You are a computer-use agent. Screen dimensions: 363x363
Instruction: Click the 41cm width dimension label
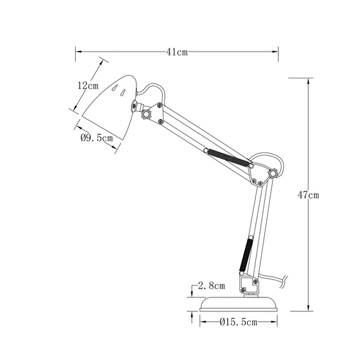tap(177, 53)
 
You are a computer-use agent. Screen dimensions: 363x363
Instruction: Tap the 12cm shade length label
tap(87, 85)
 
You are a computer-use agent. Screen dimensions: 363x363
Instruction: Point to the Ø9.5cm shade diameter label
tap(97, 137)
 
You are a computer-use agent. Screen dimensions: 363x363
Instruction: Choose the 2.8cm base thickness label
tap(211, 285)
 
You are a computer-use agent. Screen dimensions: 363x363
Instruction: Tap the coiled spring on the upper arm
tap(227, 157)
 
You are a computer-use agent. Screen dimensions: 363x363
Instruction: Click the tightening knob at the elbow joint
tap(274, 173)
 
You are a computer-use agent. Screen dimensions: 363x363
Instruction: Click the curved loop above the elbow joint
tap(267, 155)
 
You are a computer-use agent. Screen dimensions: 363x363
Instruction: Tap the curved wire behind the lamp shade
tap(153, 89)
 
